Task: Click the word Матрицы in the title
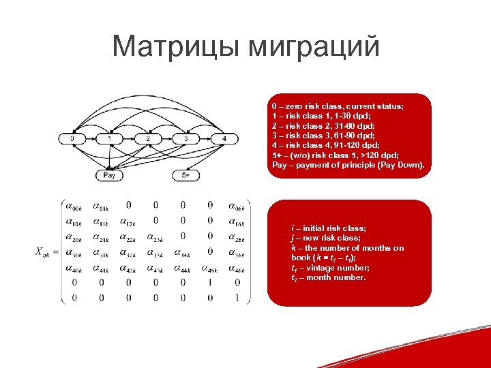coord(178,47)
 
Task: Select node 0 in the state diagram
coord(72,139)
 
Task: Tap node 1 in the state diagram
coord(110,139)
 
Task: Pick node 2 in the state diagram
coord(148,139)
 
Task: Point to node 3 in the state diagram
coord(185,139)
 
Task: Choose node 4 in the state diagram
coord(224,139)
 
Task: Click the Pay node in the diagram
coord(110,175)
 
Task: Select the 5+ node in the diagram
coord(185,175)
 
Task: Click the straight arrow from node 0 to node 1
coord(91,139)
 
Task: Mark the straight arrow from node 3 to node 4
coord(205,139)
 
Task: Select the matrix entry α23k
coord(155,236)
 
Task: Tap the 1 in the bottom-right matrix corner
coord(237,297)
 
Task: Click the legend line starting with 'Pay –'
coord(348,166)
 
